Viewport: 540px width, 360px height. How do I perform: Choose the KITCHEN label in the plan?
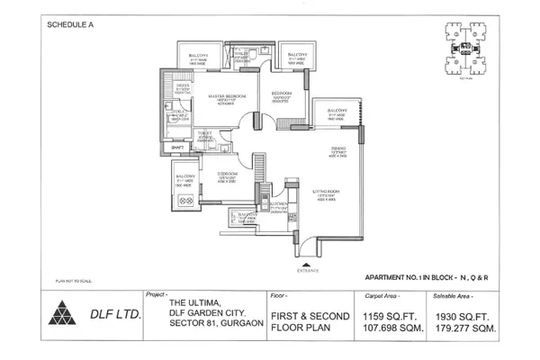pos(280,205)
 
